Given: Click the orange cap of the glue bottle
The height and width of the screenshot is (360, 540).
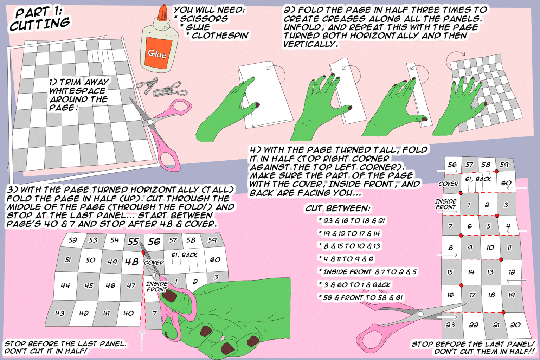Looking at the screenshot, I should [x=163, y=13].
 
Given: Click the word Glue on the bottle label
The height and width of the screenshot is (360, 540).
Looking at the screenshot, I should [x=157, y=53].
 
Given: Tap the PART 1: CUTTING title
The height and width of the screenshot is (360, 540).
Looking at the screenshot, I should [x=39, y=19].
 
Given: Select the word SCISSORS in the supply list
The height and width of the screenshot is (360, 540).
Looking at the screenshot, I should [x=204, y=19].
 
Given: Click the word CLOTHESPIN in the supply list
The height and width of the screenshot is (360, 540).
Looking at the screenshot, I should [x=220, y=36].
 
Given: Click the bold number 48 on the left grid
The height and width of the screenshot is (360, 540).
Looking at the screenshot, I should [x=132, y=262].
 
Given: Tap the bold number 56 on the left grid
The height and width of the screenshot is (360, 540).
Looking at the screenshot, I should [x=154, y=242].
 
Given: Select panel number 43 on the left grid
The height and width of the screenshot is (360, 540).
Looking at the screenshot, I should [x=60, y=313].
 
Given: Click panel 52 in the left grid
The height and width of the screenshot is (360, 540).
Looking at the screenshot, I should [x=73, y=240].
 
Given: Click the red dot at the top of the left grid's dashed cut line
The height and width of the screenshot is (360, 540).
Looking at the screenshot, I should [x=143, y=252].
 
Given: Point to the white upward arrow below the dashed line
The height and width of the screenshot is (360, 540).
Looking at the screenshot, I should [x=142, y=340].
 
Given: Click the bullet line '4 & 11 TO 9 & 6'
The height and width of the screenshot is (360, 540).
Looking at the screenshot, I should [x=348, y=259].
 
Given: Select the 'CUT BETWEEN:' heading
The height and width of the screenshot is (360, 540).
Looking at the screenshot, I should [x=338, y=208].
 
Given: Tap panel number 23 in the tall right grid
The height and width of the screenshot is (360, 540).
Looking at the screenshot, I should [x=450, y=325].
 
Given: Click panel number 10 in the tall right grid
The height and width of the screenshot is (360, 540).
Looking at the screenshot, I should [x=490, y=247].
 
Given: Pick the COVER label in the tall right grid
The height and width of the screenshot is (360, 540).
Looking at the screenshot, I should [x=449, y=184].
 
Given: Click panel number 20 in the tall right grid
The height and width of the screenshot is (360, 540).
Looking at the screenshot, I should [x=515, y=325].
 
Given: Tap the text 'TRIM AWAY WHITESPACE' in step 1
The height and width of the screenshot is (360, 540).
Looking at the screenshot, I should [x=79, y=86].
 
